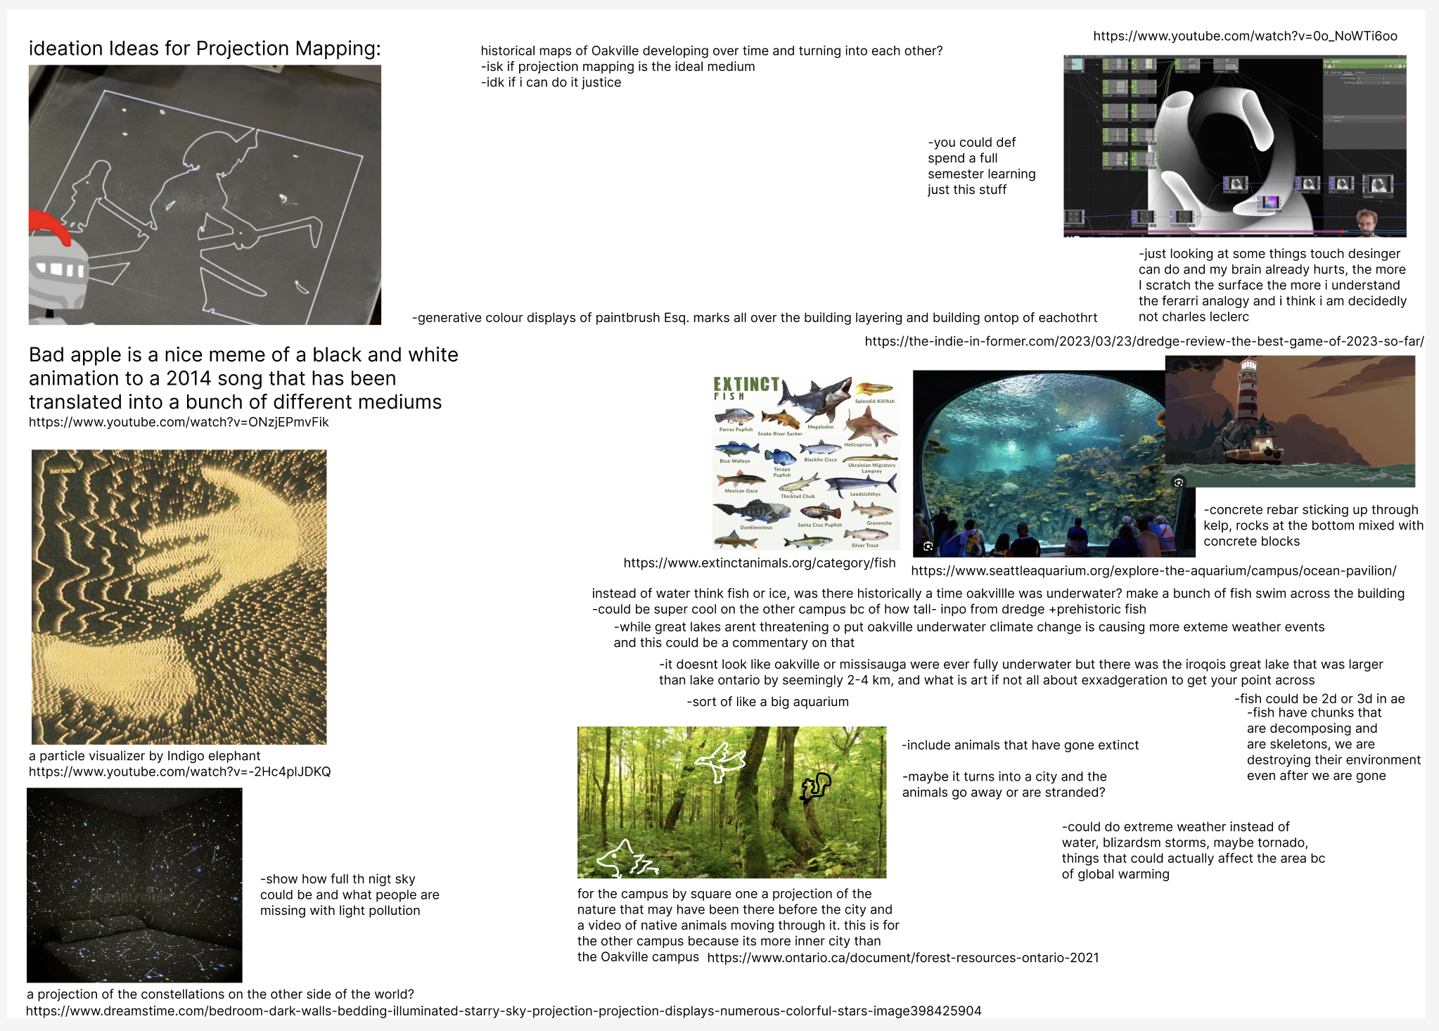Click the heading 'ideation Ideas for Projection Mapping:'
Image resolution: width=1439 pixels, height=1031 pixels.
[205, 49]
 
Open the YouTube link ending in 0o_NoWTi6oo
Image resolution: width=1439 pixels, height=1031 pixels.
[1245, 37]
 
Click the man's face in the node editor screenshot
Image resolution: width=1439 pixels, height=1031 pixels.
[1365, 222]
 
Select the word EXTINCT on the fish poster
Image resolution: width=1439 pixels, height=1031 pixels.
[746, 384]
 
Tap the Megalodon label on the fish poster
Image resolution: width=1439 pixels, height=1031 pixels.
[820, 427]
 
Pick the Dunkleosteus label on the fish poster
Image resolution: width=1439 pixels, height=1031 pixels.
[756, 527]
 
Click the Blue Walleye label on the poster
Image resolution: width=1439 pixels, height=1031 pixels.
[734, 461]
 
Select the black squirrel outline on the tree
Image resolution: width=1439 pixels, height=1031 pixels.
[815, 787]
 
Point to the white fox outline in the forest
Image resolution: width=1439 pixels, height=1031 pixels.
[625, 859]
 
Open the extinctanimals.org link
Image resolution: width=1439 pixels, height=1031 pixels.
[760, 563]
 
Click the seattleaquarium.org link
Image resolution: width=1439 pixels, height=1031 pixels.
[1153, 571]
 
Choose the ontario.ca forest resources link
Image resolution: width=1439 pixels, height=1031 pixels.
[903, 958]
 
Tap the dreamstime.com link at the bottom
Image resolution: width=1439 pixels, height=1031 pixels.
[504, 1011]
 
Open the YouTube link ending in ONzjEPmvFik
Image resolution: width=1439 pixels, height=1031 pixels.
[179, 423]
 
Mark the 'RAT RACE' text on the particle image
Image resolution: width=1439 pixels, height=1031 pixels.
[63, 471]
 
